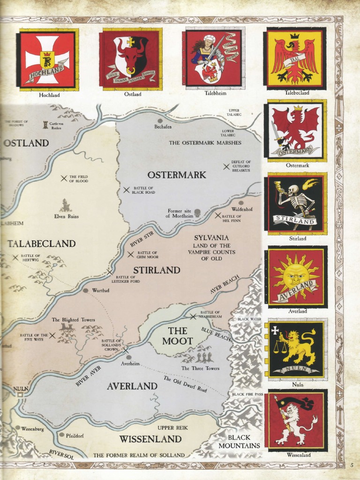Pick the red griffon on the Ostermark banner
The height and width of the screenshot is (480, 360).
pyautogui.click(x=295, y=127)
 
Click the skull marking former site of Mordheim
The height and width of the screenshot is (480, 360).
pyautogui.click(x=197, y=213)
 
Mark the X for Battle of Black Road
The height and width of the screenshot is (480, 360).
pyautogui.click(x=126, y=190)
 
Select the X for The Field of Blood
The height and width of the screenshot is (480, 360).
pyautogui.click(x=64, y=178)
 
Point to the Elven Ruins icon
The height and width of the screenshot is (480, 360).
pyautogui.click(x=66, y=205)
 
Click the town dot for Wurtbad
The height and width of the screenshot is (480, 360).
pyautogui.click(x=85, y=290)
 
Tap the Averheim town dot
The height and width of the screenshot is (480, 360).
pyautogui.click(x=128, y=357)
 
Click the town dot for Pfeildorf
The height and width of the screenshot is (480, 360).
pyautogui.click(x=61, y=435)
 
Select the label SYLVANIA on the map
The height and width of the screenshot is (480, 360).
pyautogui.click(x=211, y=238)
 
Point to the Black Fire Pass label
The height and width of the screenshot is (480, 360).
pyautogui.click(x=247, y=394)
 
